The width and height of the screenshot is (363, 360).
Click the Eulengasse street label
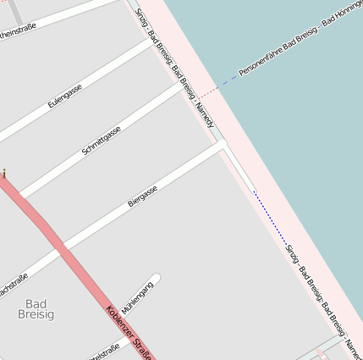65,95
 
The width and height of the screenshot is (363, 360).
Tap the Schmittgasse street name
102,140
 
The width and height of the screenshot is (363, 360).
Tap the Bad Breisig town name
36,308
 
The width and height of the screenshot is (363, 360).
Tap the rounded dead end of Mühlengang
156,277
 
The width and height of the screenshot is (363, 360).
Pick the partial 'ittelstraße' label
105,350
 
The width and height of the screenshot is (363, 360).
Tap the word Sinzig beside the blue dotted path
293,252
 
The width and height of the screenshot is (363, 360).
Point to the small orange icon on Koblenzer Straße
3,174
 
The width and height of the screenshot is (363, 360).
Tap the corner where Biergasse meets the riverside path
223,145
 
